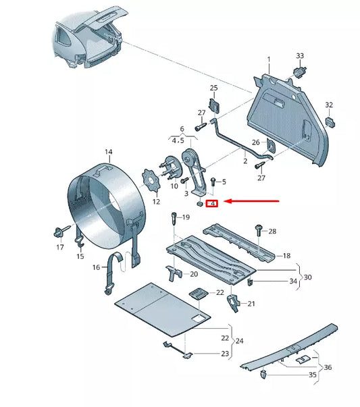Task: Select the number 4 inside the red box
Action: click(x=211, y=202)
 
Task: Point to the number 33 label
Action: click(x=300, y=55)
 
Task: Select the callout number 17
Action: click(x=60, y=247)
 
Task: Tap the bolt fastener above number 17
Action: click(x=57, y=234)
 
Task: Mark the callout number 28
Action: click(x=272, y=232)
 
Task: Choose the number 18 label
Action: click(x=286, y=256)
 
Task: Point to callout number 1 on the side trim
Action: click(x=268, y=60)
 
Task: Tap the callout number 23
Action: click(x=224, y=353)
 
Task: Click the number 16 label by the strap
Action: click(x=95, y=268)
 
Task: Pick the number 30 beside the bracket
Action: click(x=308, y=277)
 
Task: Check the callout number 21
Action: click(x=252, y=304)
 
